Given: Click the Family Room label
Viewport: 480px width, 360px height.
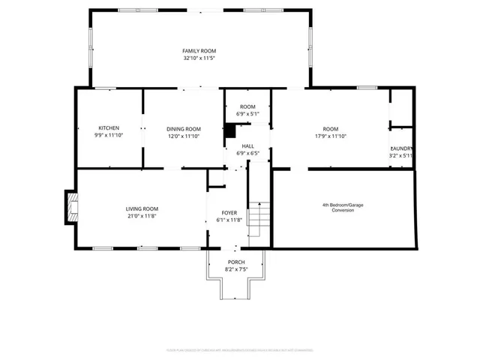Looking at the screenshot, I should (199, 50).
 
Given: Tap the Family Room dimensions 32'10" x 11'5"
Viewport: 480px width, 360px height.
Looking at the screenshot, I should (199, 58).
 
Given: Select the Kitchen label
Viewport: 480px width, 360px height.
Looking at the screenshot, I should (109, 127).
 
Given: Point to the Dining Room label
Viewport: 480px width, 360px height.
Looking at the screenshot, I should (184, 128).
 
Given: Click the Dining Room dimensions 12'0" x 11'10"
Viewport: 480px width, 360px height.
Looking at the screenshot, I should (184, 136).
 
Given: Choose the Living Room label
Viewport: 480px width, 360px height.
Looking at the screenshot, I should (142, 208).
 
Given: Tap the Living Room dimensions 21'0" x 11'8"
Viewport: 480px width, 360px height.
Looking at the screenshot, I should (142, 216).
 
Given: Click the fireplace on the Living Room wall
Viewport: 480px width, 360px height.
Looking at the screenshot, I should (71, 207).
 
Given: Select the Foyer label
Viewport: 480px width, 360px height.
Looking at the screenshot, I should (229, 212).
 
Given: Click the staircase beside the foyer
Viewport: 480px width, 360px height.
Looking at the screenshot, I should (259, 218).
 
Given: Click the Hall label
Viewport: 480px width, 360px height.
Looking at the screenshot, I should (247, 145).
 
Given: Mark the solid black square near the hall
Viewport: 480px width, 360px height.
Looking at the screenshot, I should (230, 128).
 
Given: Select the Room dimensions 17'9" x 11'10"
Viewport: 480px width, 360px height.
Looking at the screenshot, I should (330, 136).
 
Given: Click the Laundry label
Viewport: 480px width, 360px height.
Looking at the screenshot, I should (401, 148).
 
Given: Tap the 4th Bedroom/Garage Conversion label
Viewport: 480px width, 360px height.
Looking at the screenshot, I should (343, 207).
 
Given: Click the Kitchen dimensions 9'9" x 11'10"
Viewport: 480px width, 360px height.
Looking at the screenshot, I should (109, 136).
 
